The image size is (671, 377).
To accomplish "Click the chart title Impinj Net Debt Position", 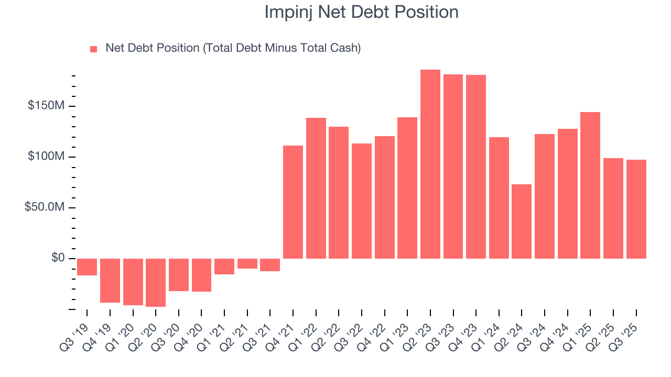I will pos(361,12).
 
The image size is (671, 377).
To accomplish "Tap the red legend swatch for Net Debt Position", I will pos(94,49).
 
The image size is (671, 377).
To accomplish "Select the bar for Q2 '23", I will pos(430,164).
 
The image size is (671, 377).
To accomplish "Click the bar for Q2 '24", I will pos(522,221).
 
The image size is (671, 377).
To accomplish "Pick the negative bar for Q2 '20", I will pos(156,282).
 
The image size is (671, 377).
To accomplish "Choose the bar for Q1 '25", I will pos(590,185).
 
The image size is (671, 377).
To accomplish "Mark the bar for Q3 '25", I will pos(636,209).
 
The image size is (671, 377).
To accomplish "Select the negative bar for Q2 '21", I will pos(247,263).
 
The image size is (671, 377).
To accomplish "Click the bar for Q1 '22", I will pos(316,188).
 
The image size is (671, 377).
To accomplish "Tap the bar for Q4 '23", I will pos(476,167).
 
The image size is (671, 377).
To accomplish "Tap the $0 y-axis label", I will pos(58,258).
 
